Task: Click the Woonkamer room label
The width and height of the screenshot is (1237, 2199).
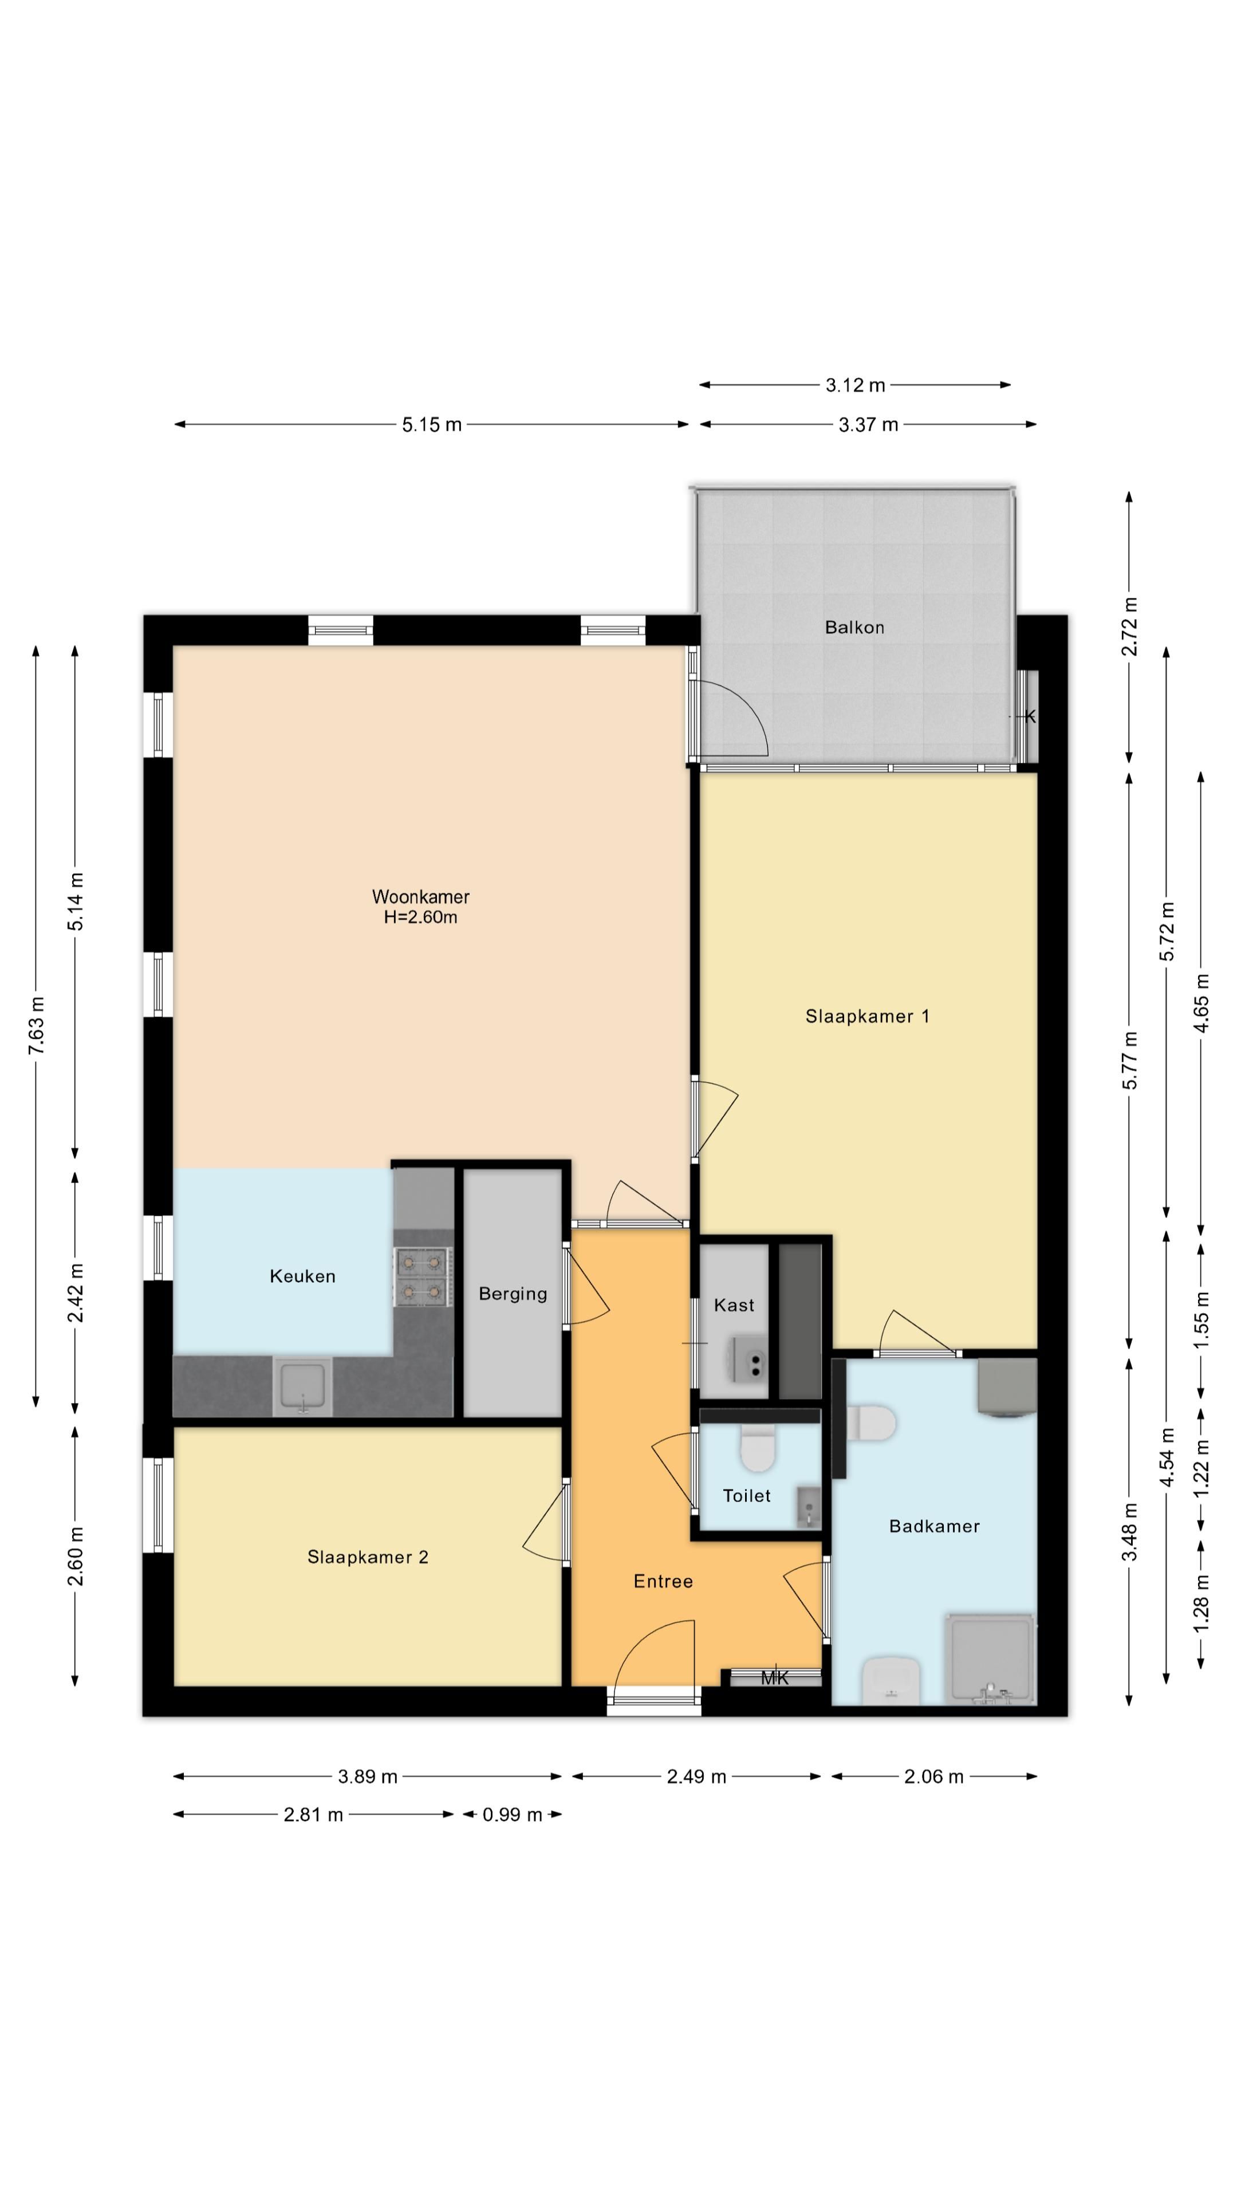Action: tap(420, 896)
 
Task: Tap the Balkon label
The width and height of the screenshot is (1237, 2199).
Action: tap(854, 628)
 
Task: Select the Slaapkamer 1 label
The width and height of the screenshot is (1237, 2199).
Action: tap(866, 1016)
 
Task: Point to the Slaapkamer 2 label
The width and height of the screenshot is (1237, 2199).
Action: tap(367, 1557)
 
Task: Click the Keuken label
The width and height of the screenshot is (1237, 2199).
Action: tap(302, 1276)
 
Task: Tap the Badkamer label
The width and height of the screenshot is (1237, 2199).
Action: tap(934, 1526)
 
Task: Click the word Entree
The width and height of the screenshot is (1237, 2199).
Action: tap(663, 1581)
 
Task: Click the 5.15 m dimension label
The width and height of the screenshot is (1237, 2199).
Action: tap(432, 424)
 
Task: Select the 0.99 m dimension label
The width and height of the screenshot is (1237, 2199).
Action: tap(512, 1815)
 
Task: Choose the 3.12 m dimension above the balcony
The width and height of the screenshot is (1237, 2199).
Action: tap(854, 385)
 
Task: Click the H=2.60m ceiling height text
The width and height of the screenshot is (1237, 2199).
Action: tap(420, 917)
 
